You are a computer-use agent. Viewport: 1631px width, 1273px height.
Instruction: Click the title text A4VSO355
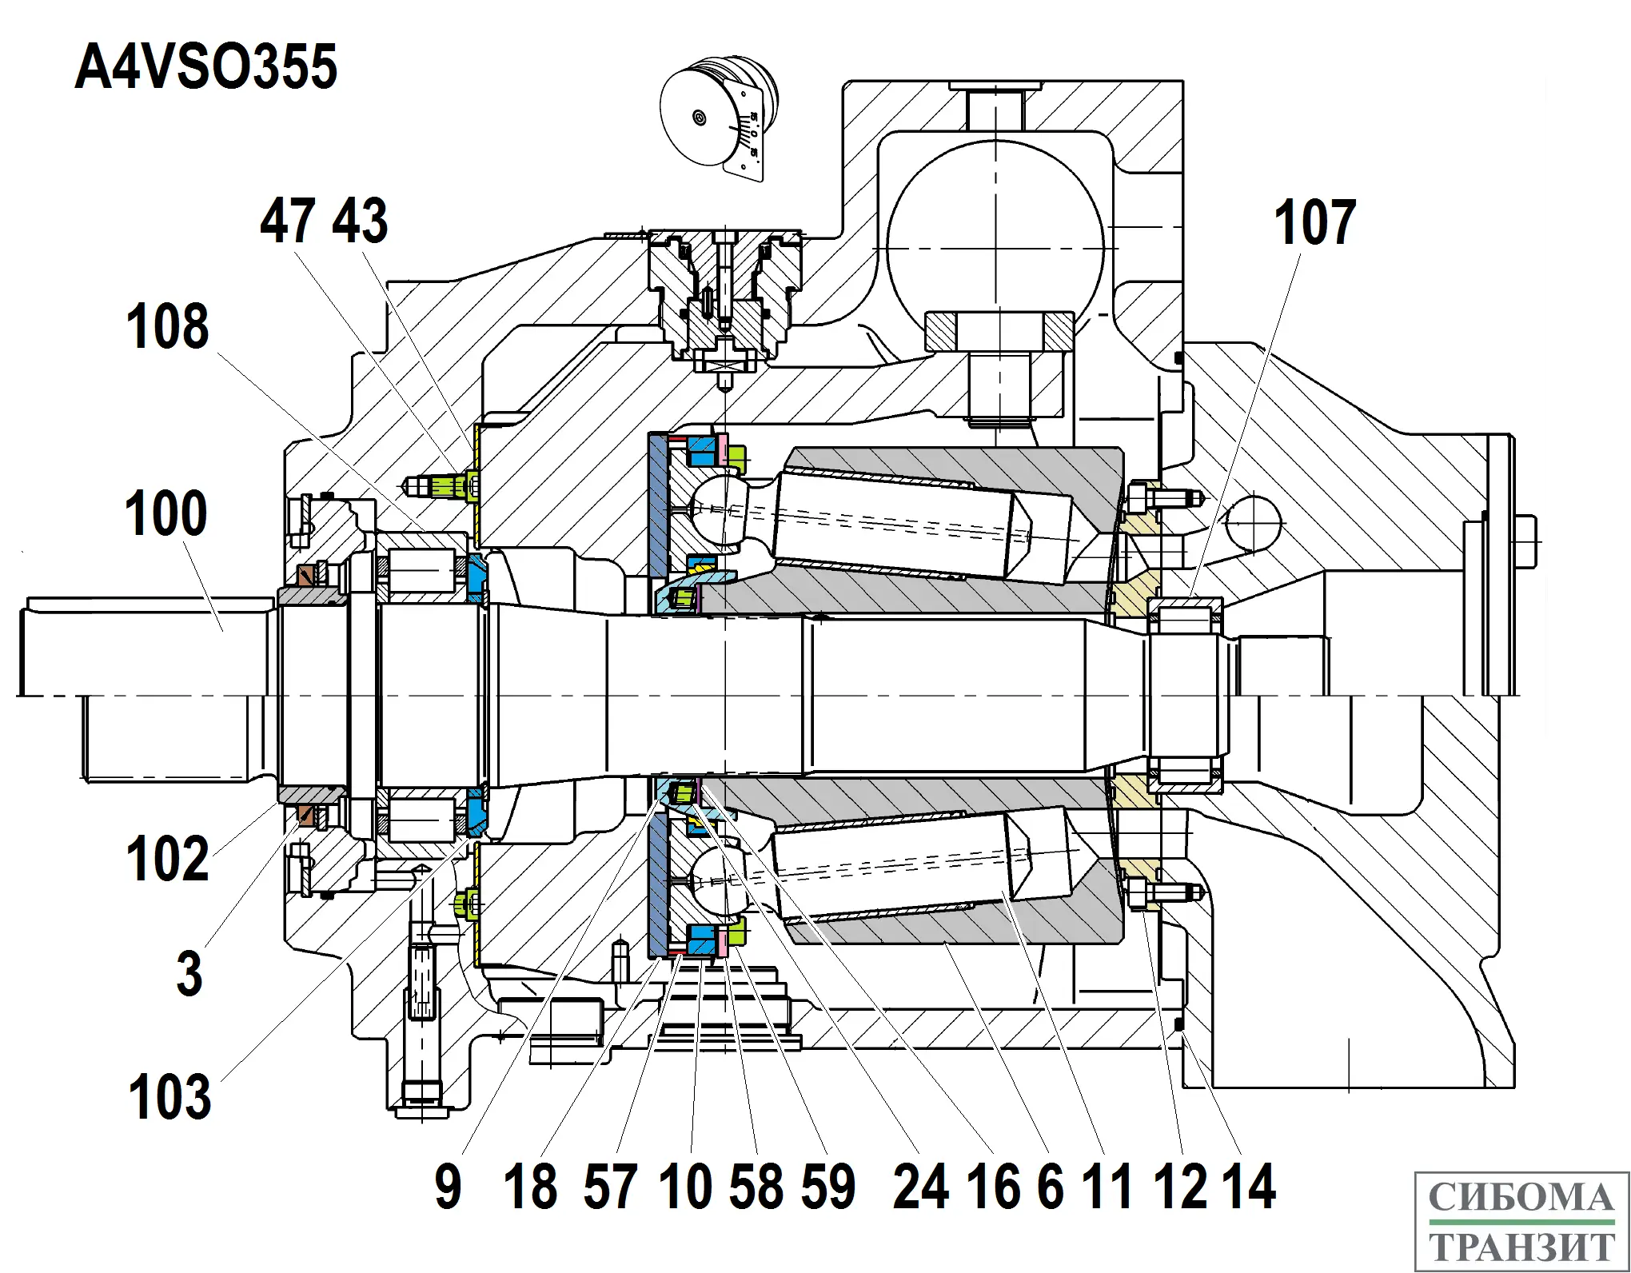[x=206, y=67]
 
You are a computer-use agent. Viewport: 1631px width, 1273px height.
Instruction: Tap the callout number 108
[x=168, y=327]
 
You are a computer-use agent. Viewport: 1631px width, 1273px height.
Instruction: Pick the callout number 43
[x=360, y=221]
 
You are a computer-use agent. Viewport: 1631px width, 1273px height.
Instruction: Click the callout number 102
[x=168, y=859]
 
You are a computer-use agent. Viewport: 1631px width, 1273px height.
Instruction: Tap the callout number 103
[x=169, y=1096]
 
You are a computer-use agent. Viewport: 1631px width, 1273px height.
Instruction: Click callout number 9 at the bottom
[x=449, y=1187]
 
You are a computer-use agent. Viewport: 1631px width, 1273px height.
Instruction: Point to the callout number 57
[x=611, y=1187]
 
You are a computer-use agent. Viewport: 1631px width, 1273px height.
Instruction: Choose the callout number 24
[x=920, y=1187]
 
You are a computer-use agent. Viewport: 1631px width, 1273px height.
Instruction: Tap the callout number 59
[x=828, y=1187]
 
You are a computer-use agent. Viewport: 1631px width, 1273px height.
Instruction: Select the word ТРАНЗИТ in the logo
[x=1521, y=1247]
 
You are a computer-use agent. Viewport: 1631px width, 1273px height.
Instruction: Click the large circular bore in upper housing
[x=995, y=228]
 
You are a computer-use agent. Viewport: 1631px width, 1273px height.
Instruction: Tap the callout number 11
[x=1107, y=1187]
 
